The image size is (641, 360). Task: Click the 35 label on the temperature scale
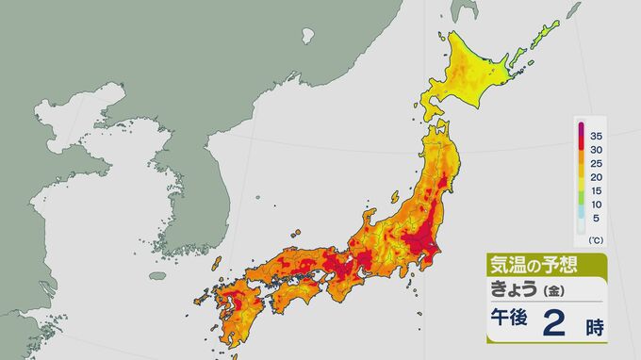(596, 134)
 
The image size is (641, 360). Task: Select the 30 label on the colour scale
(596, 148)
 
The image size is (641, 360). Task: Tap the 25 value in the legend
(596, 162)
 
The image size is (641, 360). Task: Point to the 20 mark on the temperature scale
(596, 176)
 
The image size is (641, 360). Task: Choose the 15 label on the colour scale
(596, 190)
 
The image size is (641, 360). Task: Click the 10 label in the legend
(596, 204)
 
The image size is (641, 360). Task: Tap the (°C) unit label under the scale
(596, 241)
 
